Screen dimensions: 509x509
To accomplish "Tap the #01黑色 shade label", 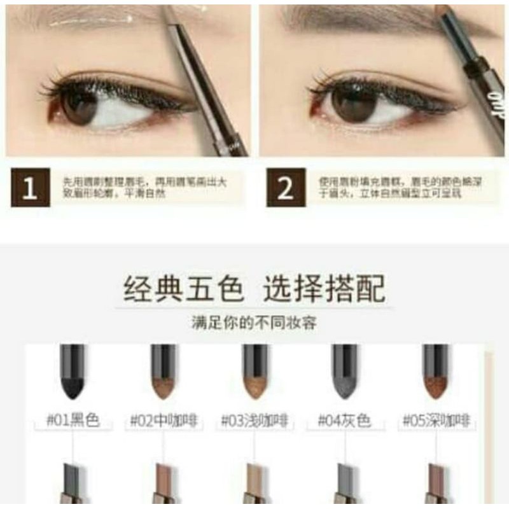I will [73, 421].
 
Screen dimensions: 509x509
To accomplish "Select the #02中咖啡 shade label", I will [164, 421].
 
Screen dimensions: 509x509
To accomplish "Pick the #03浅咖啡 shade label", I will [254, 421].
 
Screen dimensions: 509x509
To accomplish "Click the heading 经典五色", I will [183, 288].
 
